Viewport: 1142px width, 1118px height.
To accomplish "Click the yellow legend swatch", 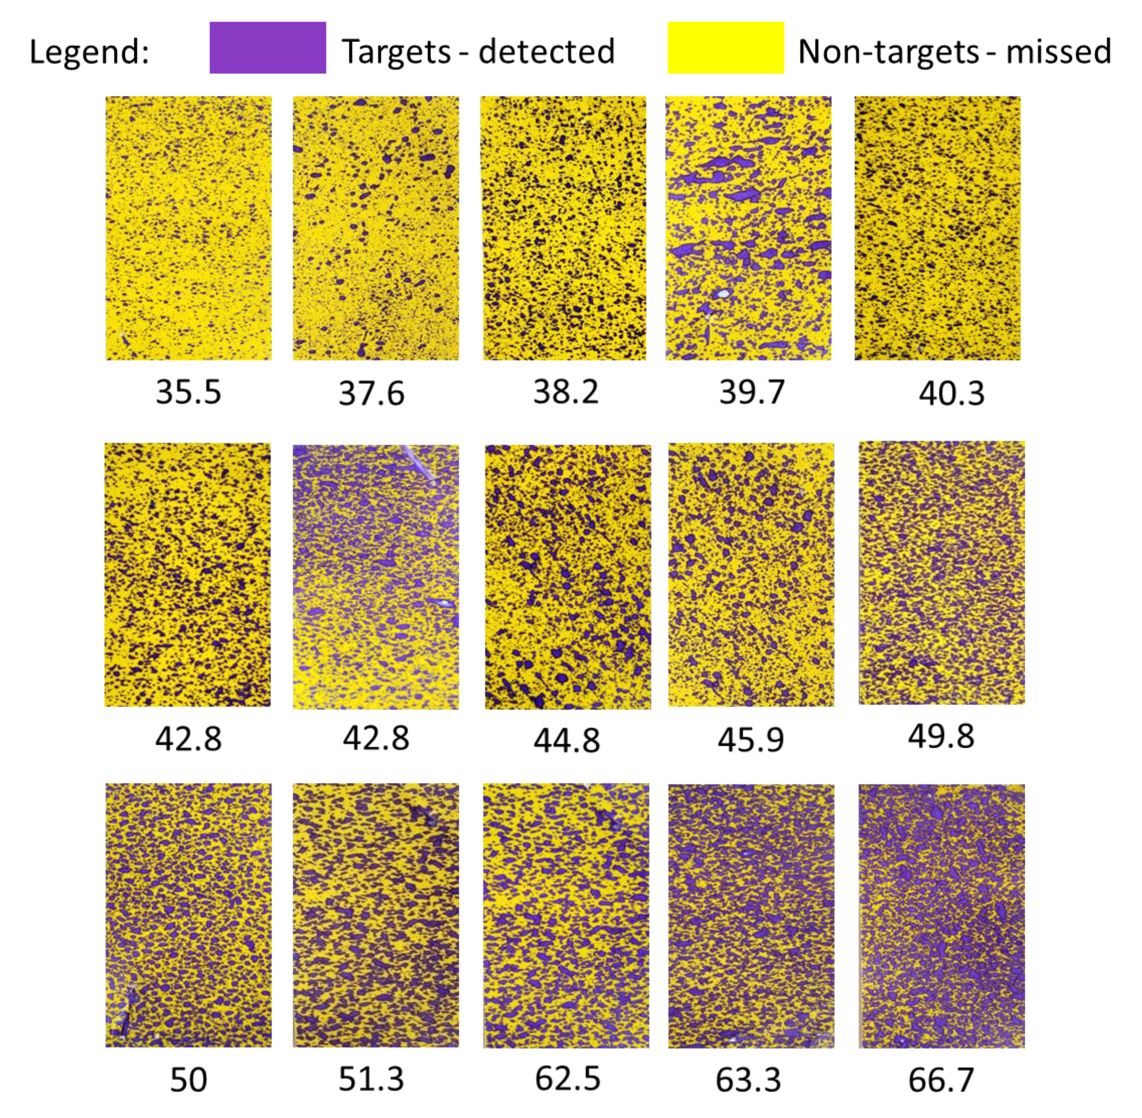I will pos(725,47).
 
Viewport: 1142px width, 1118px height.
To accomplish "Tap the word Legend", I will pos(89,51).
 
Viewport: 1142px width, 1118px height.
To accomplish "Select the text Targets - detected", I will pos(478,51).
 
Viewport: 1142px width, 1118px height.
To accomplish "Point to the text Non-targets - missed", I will pos(954,51).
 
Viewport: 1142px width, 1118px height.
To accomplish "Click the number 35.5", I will pos(188,392).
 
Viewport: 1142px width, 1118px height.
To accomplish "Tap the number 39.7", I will pos(751,392).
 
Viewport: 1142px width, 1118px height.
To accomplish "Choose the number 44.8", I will pos(567,739).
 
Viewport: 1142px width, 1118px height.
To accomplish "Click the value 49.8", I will pos(941,736).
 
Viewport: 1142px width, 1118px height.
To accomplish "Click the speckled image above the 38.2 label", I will pos(563,228).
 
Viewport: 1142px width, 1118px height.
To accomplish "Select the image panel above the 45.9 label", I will pos(751,575).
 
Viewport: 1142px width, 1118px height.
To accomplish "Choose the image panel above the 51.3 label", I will pos(376,915).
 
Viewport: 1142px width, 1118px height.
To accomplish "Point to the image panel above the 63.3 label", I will pos(751,915).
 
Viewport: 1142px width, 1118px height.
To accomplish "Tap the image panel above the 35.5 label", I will pos(188,228).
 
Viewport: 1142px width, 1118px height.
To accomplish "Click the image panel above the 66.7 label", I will pos(941,915).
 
